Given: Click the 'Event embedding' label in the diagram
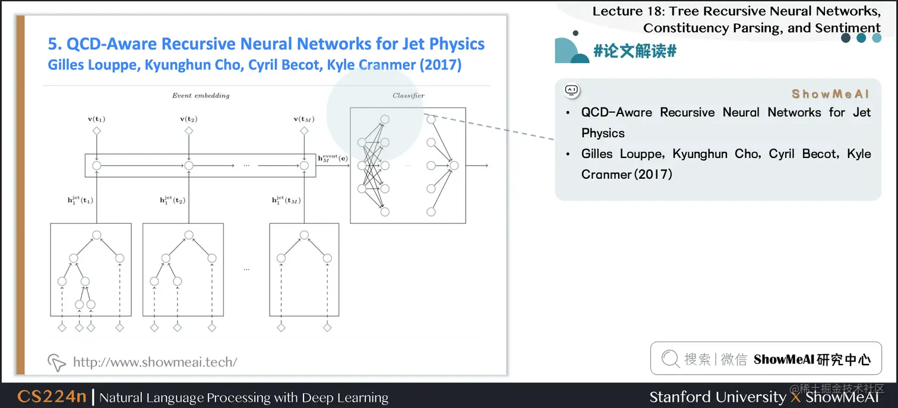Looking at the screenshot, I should click(x=201, y=96).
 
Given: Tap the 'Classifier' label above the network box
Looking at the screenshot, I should click(x=408, y=96).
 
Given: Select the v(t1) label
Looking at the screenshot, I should click(x=96, y=119).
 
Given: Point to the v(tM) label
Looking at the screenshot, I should click(x=304, y=119).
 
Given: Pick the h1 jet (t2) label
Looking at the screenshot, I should click(x=172, y=200).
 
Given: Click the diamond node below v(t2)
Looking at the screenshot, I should click(x=189, y=131).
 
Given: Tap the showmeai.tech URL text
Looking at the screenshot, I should click(x=155, y=362).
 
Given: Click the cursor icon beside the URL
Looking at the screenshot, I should click(x=56, y=362).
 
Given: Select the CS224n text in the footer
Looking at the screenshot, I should click(x=52, y=397).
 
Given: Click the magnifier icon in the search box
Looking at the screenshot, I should click(x=670, y=359).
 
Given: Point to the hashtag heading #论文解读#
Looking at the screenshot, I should click(x=634, y=51).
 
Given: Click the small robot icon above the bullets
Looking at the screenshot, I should click(x=571, y=90).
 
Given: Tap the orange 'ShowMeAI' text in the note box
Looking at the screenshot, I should click(x=830, y=94).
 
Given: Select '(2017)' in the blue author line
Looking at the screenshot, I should click(x=440, y=65).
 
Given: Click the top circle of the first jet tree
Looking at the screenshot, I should click(x=96, y=235).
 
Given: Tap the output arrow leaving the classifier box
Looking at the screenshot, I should click(x=477, y=165).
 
